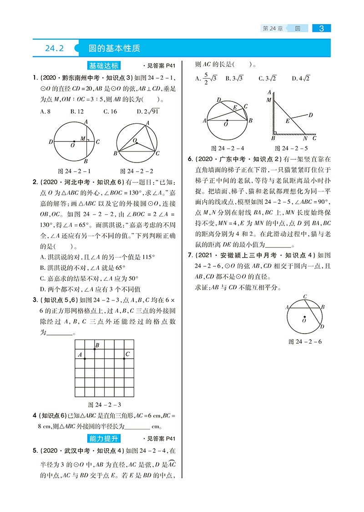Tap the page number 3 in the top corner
coord(322,28)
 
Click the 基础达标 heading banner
coord(105,65)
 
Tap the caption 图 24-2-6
coord(305,341)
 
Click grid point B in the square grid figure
coord(95,349)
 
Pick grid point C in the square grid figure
coord(124,359)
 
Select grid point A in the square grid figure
coord(85,359)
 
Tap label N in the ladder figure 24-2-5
coord(305,138)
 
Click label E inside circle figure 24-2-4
coord(235,108)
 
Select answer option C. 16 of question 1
coord(110,111)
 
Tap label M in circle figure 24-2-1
coord(82,138)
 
